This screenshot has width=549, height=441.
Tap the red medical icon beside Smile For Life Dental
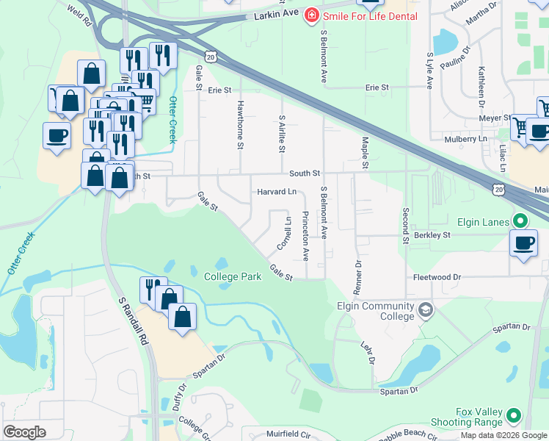[x=312, y=15]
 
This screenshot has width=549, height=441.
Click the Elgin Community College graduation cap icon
[x=424, y=311]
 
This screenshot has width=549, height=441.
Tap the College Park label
[x=232, y=277]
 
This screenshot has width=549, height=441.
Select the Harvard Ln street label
[x=276, y=192]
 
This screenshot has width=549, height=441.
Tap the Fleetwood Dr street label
[x=436, y=278]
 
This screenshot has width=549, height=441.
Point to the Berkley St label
[x=431, y=236]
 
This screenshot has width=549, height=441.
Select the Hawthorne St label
[x=239, y=125]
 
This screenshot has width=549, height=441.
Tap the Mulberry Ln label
[x=465, y=139]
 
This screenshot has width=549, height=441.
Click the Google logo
[x=24, y=432]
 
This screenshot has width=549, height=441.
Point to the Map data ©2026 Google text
[x=503, y=435]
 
